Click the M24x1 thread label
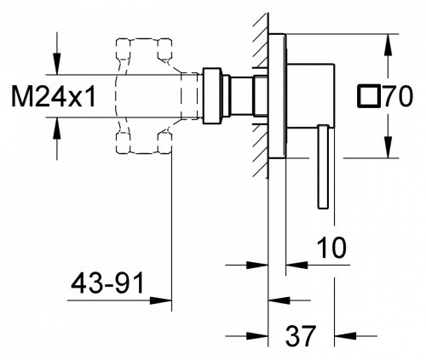[53, 96]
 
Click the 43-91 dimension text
[107, 283]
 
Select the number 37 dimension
[301, 336]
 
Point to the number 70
[398, 96]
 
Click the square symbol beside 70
[369, 96]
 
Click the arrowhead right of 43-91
[161, 300]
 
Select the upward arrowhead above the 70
[388, 45]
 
